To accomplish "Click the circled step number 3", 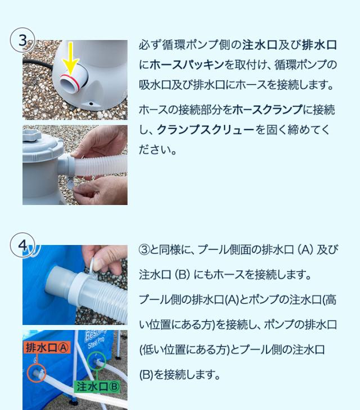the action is (x=22, y=41).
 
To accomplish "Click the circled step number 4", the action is (x=22, y=246).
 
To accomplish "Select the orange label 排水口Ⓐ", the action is (x=47, y=348).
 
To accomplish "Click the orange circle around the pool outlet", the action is (x=37, y=373).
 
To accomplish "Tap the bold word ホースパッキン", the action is (x=187, y=65).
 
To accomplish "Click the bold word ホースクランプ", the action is (x=267, y=110).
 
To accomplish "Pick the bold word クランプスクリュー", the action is (x=206, y=130).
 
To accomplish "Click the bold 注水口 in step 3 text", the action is (x=260, y=44).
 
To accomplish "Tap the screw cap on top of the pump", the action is (x=32, y=135).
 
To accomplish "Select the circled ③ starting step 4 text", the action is (x=145, y=250).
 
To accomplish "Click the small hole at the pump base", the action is (x=91, y=104).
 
